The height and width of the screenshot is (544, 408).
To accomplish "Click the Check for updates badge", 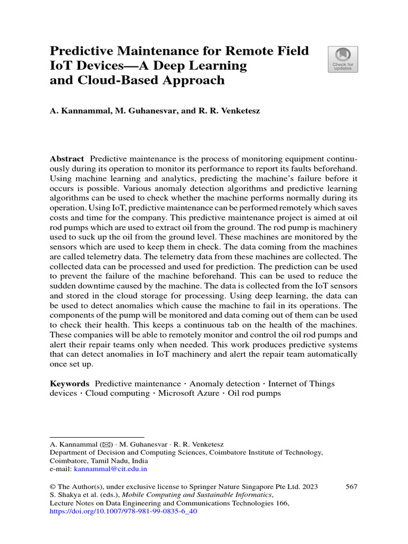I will click(343, 59).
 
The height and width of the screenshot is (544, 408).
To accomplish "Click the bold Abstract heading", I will click(66, 159).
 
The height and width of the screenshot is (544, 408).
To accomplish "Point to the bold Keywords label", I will click(69, 384).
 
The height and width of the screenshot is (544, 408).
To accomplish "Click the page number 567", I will click(351, 486).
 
